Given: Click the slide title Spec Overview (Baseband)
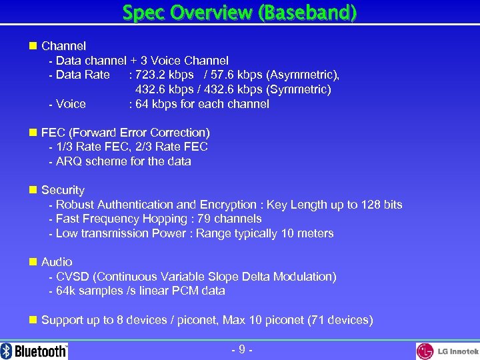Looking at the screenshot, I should click(x=239, y=12).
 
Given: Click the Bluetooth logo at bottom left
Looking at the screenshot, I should click(x=34, y=351).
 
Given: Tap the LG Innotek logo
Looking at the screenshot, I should click(x=447, y=351).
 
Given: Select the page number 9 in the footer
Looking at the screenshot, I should click(x=240, y=349).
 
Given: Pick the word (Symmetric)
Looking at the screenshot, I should click(x=299, y=89).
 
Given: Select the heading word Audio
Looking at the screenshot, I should click(x=57, y=262).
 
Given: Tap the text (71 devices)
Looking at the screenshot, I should click(x=340, y=320).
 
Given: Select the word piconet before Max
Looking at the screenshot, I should click(x=197, y=320).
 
